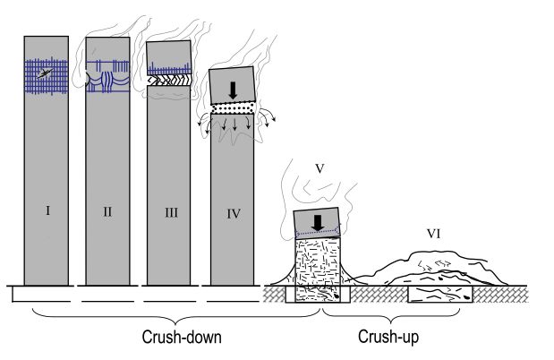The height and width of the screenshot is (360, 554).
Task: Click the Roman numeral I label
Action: coord(47,211)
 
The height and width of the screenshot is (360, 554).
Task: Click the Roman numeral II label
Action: coord(107,212)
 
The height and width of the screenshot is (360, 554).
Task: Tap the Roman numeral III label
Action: coord(170,212)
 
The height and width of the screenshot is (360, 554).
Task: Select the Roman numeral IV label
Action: coord(233,213)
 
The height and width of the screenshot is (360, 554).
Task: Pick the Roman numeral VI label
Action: coord(433,235)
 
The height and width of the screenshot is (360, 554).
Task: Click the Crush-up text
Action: coord(390,338)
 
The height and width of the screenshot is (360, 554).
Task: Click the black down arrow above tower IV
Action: coord(233,90)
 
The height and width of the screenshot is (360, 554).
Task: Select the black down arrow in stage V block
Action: coord(317,221)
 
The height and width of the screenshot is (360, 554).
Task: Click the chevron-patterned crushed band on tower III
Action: coord(170,80)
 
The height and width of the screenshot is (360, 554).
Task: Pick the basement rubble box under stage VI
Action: coord(440,295)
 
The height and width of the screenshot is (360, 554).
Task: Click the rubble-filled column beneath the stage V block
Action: coord(317,264)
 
